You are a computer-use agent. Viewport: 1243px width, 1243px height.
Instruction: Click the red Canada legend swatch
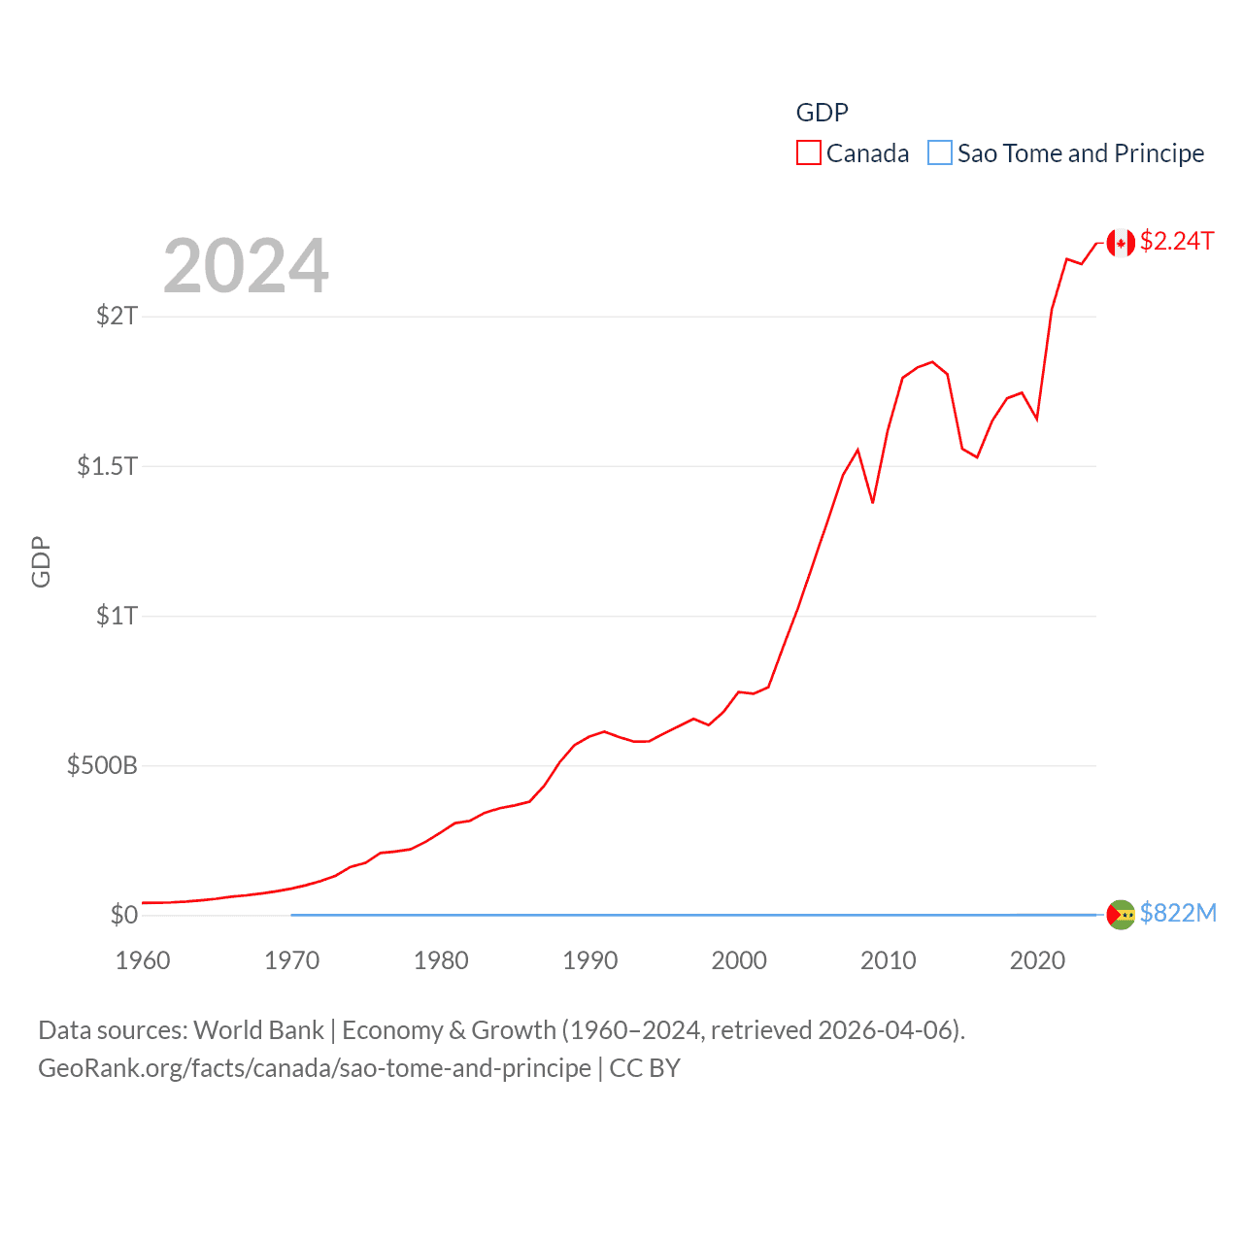pos(809,153)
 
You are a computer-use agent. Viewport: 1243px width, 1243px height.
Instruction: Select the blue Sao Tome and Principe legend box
pos(940,153)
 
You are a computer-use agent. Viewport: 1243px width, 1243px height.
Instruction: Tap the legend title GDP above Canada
pos(822,113)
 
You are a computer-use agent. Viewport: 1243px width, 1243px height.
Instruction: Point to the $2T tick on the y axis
pos(117,316)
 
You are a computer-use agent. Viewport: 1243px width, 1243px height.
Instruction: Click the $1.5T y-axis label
pos(107,466)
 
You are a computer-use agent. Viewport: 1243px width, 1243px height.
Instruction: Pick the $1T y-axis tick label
pos(117,616)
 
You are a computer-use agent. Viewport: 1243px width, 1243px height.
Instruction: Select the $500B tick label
pos(102,765)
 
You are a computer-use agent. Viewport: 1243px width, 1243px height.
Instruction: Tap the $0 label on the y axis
pos(124,915)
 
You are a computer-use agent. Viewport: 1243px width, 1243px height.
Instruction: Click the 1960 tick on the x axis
pos(143,960)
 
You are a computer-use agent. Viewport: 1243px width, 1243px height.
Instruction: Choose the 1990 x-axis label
pos(590,960)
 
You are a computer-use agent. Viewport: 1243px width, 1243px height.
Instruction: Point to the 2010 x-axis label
pos(889,960)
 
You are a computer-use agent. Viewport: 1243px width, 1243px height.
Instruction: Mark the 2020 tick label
pos(1037,960)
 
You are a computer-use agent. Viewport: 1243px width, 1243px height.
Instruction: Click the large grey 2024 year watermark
pos(246,266)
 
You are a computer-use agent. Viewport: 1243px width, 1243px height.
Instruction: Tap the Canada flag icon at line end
pos(1121,243)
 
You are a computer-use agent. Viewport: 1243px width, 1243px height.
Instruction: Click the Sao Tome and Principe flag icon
pos(1121,915)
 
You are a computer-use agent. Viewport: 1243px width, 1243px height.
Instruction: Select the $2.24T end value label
pos(1177,241)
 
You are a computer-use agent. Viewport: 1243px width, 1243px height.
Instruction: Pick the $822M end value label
pos(1178,913)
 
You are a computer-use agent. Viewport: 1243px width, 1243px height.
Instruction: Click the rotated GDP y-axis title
pos(41,561)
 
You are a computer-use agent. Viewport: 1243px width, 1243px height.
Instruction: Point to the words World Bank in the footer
pos(258,1029)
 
